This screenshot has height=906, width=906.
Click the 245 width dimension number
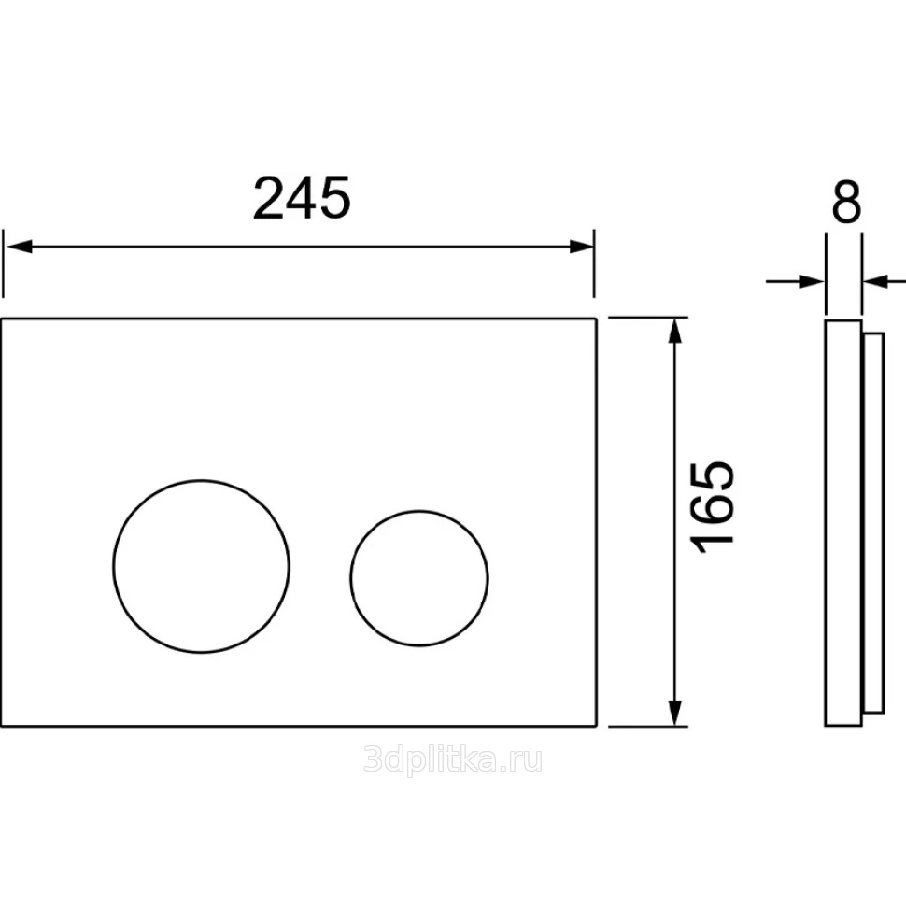[302, 198]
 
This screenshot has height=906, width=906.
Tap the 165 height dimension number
[713, 507]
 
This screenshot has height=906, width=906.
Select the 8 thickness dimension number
[846, 202]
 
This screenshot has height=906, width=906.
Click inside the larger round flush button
[201, 566]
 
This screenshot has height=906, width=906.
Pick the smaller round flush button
[419, 578]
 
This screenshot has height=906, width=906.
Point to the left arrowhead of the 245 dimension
[19, 247]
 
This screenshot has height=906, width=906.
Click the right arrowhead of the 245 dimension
[581, 247]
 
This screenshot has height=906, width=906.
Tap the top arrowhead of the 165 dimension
[675, 331]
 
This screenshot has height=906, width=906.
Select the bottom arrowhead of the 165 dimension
[675, 713]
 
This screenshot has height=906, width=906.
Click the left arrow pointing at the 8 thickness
[796, 282]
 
